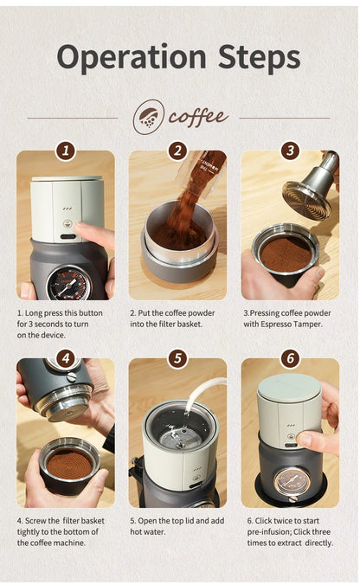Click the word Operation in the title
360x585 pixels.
coord(132,58)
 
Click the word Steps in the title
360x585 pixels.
coord(260,57)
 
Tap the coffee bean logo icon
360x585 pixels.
coord(149,117)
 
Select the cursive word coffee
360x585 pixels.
coord(197,117)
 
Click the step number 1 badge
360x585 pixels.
coord(66,151)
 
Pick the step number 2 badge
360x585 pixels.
coord(177,151)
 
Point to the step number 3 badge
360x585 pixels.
coord(290,151)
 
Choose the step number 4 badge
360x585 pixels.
coord(66,358)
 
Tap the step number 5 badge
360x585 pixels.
coord(177,358)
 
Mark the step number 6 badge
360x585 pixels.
coord(290,358)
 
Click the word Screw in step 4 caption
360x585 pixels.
coord(35,520)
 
